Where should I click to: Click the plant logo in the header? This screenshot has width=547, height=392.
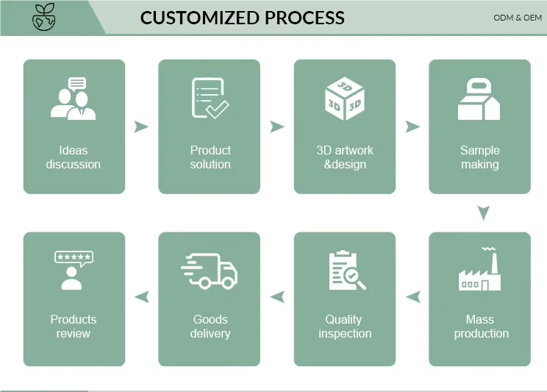tap(43, 18)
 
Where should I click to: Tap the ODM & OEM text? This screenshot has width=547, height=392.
tap(518, 18)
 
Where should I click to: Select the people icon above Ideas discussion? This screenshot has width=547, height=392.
tap(73, 99)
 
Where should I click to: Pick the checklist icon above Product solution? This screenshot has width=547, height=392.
tap(210, 99)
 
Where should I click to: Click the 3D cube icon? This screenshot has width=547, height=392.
tap(345, 99)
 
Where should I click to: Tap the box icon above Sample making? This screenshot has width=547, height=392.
tap(479, 100)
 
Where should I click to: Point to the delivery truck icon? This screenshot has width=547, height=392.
tap(210, 271)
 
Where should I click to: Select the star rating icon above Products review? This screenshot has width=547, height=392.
tap(73, 270)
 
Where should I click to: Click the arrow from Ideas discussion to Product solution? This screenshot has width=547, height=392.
tap(141, 126)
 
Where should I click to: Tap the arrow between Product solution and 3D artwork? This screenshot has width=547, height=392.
tap(276, 126)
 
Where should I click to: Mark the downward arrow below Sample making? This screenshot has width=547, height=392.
tap(482, 213)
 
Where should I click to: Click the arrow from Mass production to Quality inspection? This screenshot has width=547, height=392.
tap(413, 297)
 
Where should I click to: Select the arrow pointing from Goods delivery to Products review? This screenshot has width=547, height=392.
tap(141, 297)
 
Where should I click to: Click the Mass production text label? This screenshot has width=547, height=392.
tap(481, 327)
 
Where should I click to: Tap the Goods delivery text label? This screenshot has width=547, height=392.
tap(210, 327)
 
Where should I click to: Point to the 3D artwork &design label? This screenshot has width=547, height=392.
tap(345, 157)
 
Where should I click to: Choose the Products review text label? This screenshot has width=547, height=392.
tap(74, 327)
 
